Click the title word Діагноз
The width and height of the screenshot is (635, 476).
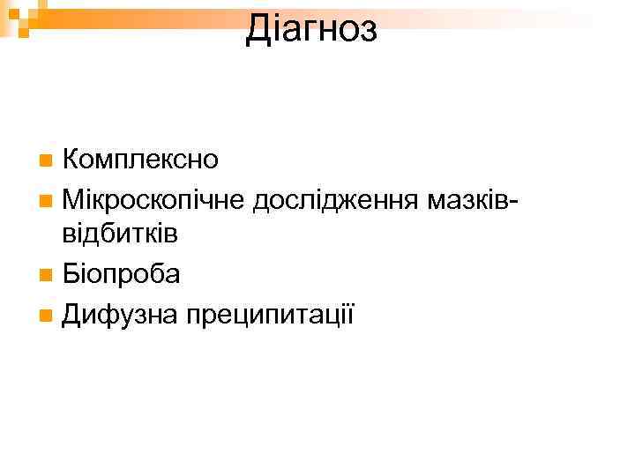pyautogui.click(x=311, y=29)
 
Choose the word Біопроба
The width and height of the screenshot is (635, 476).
pyautogui.click(x=122, y=274)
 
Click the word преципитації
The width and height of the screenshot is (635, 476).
pyautogui.click(x=269, y=313)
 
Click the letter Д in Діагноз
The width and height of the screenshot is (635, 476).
pyautogui.click(x=258, y=29)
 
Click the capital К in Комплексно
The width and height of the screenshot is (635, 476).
pyautogui.click(x=72, y=160)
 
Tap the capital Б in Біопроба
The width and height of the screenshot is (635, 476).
pyautogui.click(x=72, y=274)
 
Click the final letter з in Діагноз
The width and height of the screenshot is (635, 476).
pyautogui.click(x=370, y=32)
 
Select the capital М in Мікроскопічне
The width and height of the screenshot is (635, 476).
pyautogui.click(x=74, y=198)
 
